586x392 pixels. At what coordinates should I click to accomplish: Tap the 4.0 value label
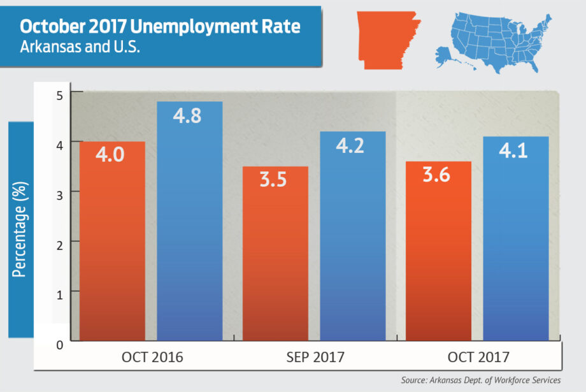(111, 156)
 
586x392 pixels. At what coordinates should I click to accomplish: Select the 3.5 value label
(273, 179)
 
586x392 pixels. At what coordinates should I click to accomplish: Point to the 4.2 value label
(350, 146)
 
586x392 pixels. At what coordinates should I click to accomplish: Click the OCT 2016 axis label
(152, 357)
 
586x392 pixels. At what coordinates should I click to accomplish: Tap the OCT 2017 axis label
(478, 357)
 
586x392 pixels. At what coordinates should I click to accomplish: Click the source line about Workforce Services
(480, 381)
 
